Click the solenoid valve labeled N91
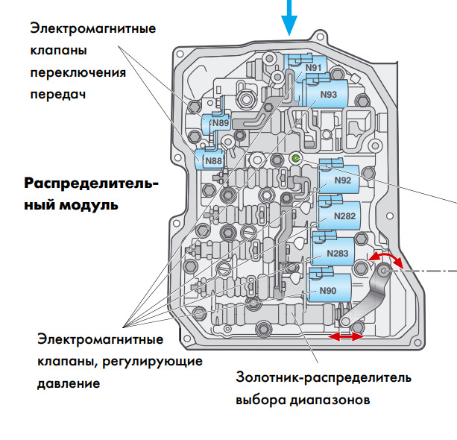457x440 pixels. pos(314,69)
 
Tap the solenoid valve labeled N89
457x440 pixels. pos(219,122)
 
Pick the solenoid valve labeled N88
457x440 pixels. pos(212,160)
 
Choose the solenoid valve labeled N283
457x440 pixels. pos(335,254)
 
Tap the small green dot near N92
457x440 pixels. pos(295,159)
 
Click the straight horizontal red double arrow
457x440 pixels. pos(347,337)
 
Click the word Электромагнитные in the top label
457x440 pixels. pos(92,29)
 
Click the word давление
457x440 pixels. pos(68,384)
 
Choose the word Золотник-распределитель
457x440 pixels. pos(323,377)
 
